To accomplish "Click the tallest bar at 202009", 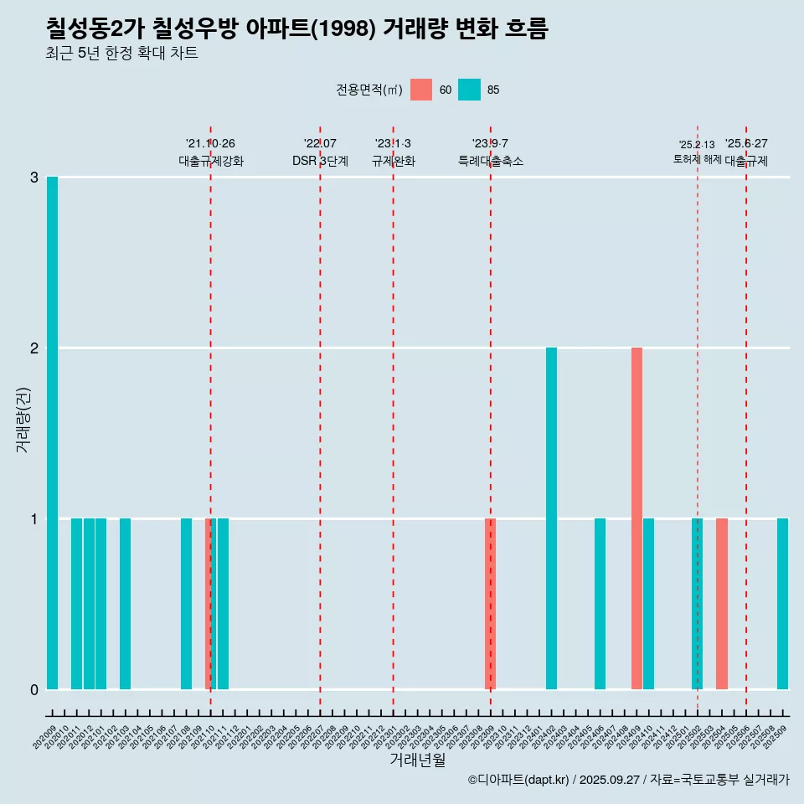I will [52, 433].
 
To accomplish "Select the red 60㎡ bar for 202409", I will [636, 518].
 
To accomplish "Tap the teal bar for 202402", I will [551, 518].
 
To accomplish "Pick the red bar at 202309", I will [491, 604].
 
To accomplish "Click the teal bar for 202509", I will [782, 604].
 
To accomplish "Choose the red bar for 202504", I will [722, 604].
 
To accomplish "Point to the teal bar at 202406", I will [600, 604].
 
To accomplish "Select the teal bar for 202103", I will [125, 604].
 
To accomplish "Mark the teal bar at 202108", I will [186, 604].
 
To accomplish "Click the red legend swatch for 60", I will [421, 90].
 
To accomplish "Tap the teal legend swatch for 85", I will [470, 90].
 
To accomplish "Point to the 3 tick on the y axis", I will [34, 178].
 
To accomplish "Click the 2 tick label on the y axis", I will [34, 348].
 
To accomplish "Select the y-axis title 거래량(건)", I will [23, 419].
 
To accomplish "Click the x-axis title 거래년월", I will [417, 760].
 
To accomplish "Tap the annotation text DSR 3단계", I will [320, 161].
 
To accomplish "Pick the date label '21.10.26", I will [210, 143].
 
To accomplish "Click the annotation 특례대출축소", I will [491, 161].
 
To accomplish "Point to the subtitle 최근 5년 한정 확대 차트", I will [122, 54].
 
